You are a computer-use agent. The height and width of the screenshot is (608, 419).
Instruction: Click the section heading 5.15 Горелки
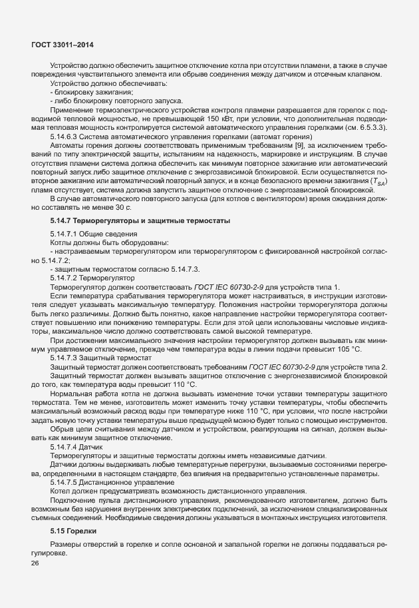(x=73, y=531)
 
